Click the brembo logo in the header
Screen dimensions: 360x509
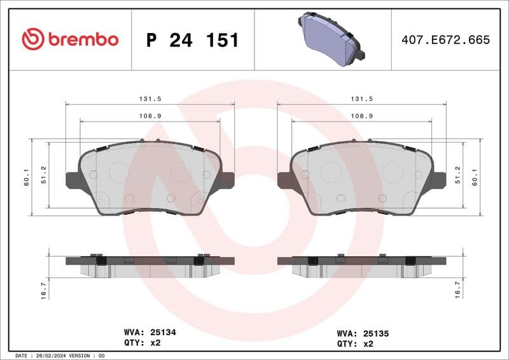(x=70, y=39)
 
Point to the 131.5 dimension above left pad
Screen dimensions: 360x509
(x=150, y=99)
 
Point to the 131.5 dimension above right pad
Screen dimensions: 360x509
(x=361, y=99)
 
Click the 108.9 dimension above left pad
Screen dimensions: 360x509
(x=150, y=116)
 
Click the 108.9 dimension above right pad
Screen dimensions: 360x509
(x=361, y=116)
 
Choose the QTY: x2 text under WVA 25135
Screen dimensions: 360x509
(x=354, y=343)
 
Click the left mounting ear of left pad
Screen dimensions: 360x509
(x=72, y=180)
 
